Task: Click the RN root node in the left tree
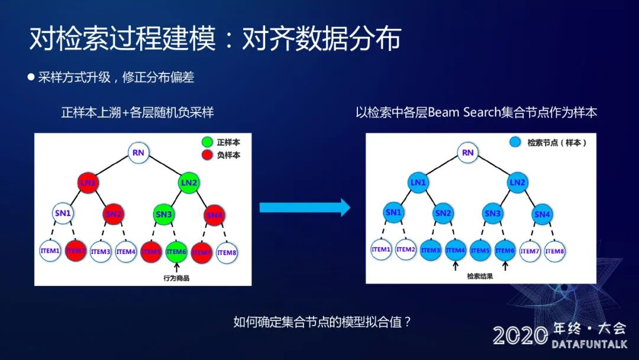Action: [138, 153]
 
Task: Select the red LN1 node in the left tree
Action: [88, 183]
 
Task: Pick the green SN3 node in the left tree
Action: [163, 214]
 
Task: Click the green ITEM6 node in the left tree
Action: [176, 252]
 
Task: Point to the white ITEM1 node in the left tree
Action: [50, 251]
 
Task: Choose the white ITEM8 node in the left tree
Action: [227, 252]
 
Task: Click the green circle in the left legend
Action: [207, 143]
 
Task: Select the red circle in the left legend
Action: [207, 155]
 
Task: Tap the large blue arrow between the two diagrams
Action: [305, 207]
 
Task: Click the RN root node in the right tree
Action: [468, 153]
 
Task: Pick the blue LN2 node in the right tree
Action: [517, 182]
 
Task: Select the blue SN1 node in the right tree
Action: [393, 213]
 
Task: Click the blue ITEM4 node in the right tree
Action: [456, 250]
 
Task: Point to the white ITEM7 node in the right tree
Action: [530, 250]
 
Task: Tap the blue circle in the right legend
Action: [515, 143]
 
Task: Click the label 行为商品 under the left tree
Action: [176, 278]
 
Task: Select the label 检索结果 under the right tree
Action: [480, 276]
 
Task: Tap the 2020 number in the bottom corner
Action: [520, 336]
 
